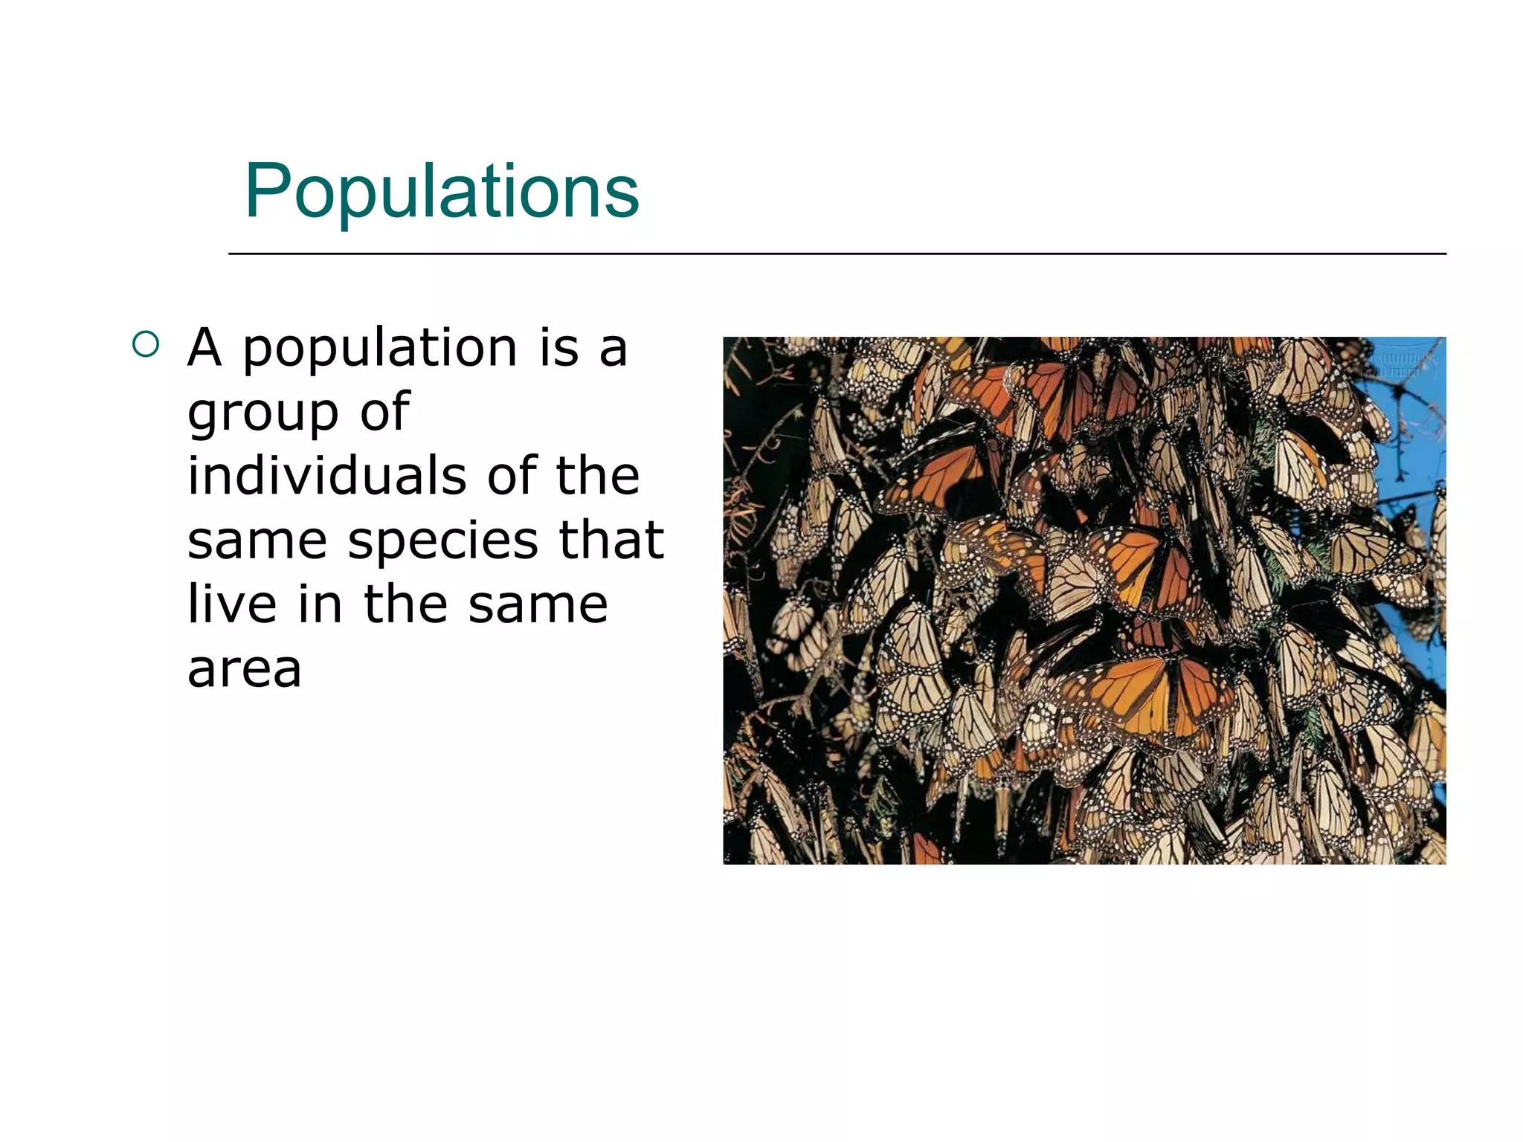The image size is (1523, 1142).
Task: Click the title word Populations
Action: coord(442,191)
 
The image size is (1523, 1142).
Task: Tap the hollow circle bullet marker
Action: coord(146,344)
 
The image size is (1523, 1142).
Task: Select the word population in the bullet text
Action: coord(380,349)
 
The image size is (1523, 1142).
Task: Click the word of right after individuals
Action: coord(512,476)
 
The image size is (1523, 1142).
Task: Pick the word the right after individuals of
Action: coord(598,476)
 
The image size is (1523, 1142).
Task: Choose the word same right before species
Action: coord(257,541)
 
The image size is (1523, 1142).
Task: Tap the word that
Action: coord(611,540)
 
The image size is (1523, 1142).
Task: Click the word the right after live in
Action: coord(405,604)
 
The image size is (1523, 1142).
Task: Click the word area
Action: coord(245,669)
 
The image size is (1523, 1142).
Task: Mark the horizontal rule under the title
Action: coord(837,254)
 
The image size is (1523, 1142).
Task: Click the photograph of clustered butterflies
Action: coord(1084,600)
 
